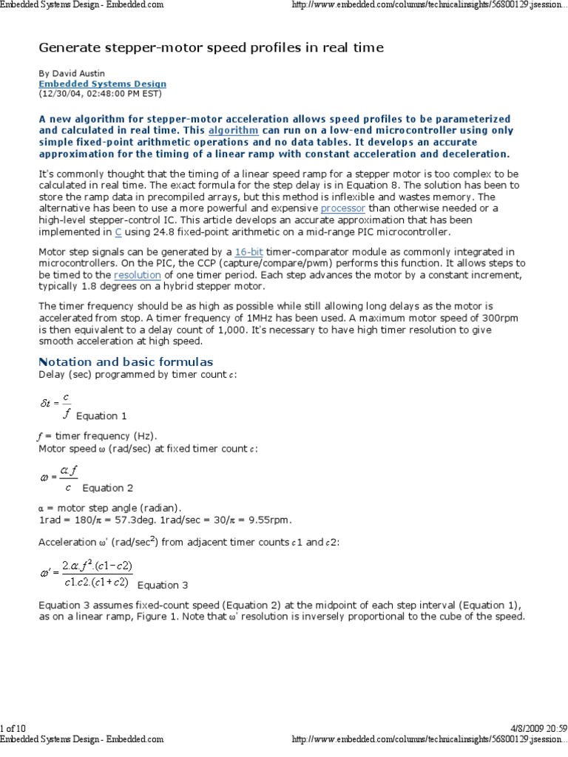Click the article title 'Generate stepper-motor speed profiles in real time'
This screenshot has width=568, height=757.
[x=211, y=48]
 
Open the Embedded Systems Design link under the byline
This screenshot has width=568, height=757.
[x=102, y=84]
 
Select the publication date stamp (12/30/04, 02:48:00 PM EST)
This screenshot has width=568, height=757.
[x=100, y=94]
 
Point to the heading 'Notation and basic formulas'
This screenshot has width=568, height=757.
[x=125, y=361]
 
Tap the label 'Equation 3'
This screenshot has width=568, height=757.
[x=163, y=585]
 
